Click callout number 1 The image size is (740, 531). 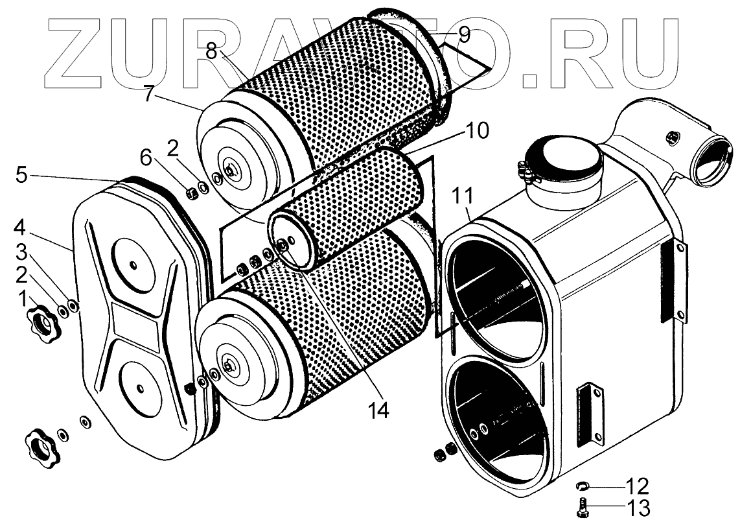[23, 300]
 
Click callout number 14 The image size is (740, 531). [379, 410]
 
